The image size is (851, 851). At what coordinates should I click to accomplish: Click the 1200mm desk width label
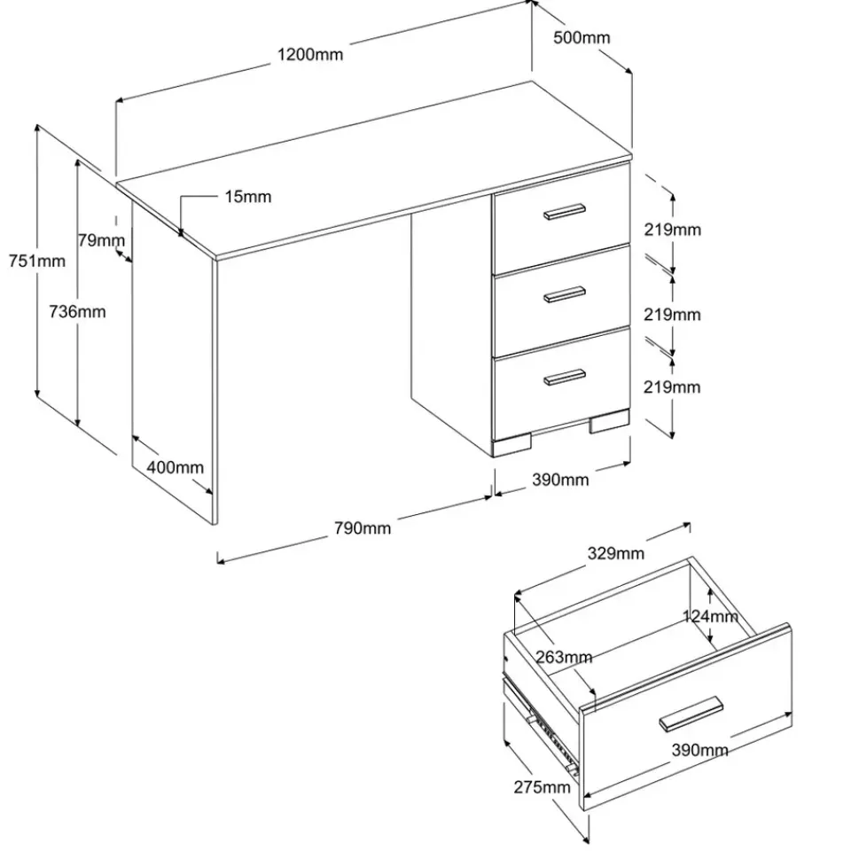(309, 54)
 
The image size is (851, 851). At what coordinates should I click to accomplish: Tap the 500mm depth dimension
(582, 37)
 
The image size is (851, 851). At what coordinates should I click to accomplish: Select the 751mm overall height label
(37, 261)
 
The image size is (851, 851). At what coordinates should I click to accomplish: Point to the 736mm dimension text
(77, 311)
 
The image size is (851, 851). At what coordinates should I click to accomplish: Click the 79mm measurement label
(100, 239)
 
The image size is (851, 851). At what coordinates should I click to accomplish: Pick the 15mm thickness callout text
(247, 197)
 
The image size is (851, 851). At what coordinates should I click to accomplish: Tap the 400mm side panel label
(175, 467)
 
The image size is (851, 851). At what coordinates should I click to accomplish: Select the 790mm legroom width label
(362, 528)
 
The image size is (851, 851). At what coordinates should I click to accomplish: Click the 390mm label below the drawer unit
(560, 480)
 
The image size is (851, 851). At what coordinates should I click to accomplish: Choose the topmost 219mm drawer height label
(673, 230)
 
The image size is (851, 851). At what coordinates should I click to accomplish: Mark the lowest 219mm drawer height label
(673, 386)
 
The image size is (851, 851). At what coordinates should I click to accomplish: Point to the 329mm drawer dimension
(616, 554)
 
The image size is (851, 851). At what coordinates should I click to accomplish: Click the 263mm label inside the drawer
(564, 657)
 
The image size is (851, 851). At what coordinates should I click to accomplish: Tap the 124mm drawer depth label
(710, 616)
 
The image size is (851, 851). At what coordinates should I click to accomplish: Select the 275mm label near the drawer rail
(542, 787)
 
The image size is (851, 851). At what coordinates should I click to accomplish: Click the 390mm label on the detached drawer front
(700, 750)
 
